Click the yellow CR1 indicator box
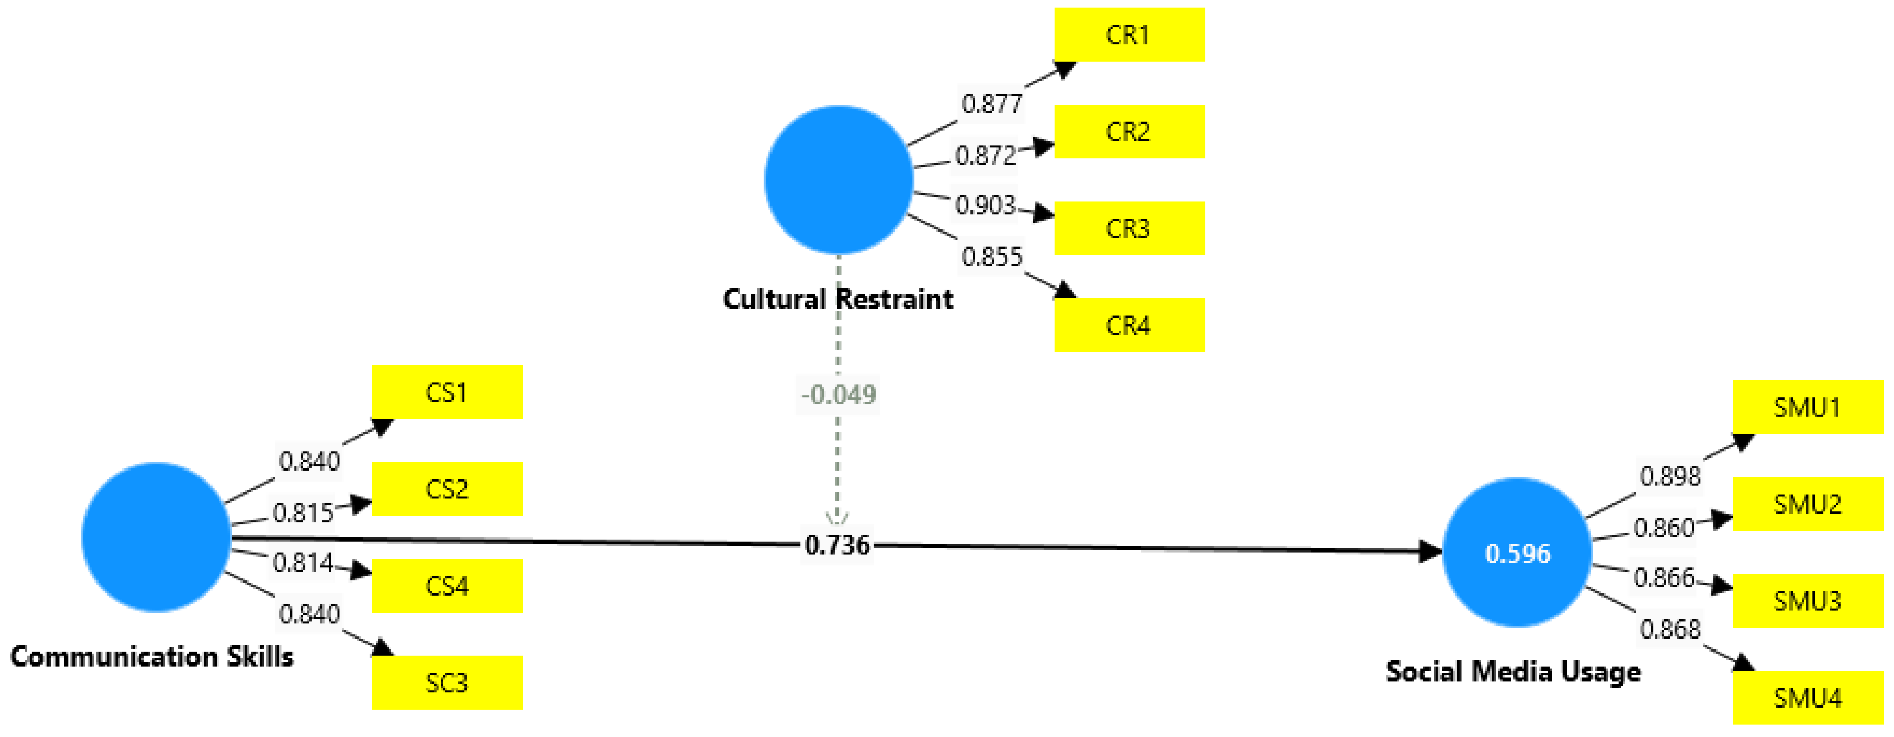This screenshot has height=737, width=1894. click(x=1129, y=35)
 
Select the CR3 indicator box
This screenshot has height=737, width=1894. click(x=1129, y=229)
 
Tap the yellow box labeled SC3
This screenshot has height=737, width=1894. click(x=447, y=683)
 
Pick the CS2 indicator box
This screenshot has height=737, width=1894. click(x=447, y=488)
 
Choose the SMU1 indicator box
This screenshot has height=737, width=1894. click(x=1807, y=407)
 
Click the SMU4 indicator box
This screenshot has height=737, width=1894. click(x=1807, y=698)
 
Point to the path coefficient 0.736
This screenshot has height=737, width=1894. click(x=838, y=545)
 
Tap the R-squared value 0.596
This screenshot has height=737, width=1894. click(x=1518, y=554)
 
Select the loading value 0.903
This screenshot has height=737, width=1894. click(x=985, y=205)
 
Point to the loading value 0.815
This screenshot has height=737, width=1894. click(x=303, y=513)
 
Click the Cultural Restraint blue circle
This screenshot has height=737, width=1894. click(x=838, y=180)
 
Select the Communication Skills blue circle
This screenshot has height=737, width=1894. click(x=156, y=537)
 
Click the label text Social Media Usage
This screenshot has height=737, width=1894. click(x=1513, y=671)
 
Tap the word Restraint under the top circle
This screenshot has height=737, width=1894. click(x=895, y=299)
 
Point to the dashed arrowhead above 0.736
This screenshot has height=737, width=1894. click(x=838, y=518)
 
